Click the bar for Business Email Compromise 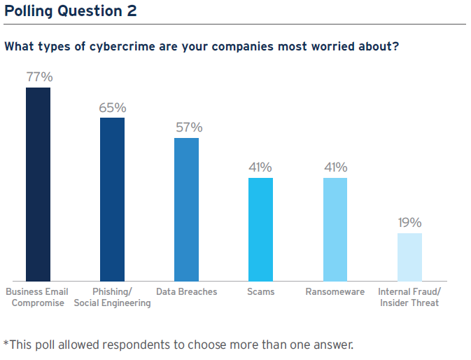tap(38, 184)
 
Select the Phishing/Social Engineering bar tap(112, 200)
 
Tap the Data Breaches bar tap(186, 209)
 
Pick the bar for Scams tap(260, 229)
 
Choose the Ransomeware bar tap(335, 229)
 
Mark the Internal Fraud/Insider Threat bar tap(409, 257)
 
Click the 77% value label tap(39, 77)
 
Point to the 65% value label tap(113, 108)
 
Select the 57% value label tap(188, 127)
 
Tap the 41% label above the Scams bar tap(260, 167)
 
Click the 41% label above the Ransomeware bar tap(335, 167)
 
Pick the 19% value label tap(409, 223)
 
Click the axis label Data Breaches tap(186, 291)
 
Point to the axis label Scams tap(260, 291)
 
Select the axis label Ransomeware tap(335, 291)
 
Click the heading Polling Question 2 tap(70, 11)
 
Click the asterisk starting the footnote tap(7, 343)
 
